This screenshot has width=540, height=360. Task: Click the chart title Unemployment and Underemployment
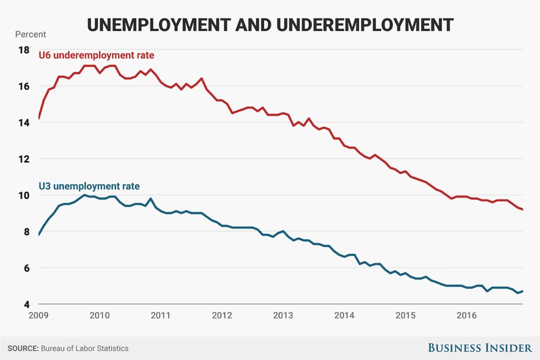tap(270, 25)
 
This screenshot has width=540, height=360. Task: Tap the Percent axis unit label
tap(31, 35)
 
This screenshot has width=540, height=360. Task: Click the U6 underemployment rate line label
tap(96, 55)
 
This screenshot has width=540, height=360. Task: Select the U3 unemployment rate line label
tap(89, 186)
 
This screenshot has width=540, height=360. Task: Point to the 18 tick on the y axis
tap(23, 51)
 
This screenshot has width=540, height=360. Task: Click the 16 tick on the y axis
tap(23, 86)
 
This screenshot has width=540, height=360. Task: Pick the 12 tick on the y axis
tap(23, 159)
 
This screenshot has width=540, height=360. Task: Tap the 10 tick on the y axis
tap(23, 196)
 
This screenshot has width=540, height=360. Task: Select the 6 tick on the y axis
tap(26, 268)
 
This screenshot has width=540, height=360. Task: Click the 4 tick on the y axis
tap(26, 305)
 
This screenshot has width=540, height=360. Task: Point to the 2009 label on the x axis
tap(39, 315)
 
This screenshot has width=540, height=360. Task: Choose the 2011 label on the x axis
tap(160, 315)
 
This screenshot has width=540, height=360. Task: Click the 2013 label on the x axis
tap(283, 315)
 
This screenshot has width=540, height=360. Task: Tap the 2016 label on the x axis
tap(466, 315)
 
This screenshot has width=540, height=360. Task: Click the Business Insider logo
tap(480, 348)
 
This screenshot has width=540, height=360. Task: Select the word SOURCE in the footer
tap(23, 349)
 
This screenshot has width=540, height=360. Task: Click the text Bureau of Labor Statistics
tap(85, 349)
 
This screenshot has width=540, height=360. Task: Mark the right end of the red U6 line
tap(522, 210)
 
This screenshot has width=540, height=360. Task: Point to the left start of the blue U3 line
tap(39, 235)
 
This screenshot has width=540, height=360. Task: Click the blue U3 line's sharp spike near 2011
tap(150, 198)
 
